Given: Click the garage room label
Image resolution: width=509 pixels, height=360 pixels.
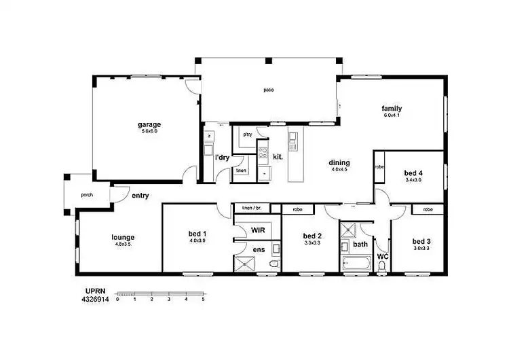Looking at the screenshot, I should pyautogui.click(x=149, y=124).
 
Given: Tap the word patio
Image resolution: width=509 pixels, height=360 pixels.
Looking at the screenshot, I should pyautogui.click(x=269, y=90).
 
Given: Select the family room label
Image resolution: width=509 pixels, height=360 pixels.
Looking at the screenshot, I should pyautogui.click(x=392, y=109).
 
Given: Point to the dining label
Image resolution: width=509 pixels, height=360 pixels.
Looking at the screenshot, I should pyautogui.click(x=339, y=162).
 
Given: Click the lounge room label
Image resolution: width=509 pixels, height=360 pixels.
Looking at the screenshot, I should pyautogui.click(x=123, y=237).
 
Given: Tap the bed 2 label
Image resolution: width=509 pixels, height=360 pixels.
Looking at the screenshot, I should pyautogui.click(x=312, y=236).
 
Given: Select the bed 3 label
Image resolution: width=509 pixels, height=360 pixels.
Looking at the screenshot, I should pyautogui.click(x=421, y=241).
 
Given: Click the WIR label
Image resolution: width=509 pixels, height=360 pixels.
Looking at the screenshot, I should pyautogui.click(x=258, y=230).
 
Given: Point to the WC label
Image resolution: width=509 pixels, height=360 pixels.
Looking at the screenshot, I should pyautogui.click(x=382, y=257).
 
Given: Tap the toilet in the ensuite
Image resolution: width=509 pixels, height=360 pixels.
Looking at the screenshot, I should pyautogui.click(x=274, y=264).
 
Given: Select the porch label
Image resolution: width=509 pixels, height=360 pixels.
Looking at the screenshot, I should pyautogui.click(x=87, y=195).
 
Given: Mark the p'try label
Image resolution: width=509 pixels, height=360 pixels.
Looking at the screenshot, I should pyautogui.click(x=248, y=134).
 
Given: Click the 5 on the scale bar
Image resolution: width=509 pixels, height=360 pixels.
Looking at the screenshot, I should pyautogui.click(x=203, y=299).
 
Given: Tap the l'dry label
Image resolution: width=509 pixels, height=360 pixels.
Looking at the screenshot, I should pyautogui.click(x=222, y=158).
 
